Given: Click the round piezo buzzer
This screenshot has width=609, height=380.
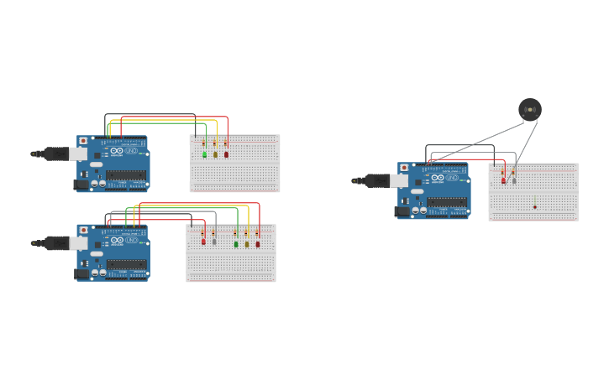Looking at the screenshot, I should point(530,109).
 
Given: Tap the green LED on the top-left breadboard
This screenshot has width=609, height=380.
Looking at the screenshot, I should point(204,154).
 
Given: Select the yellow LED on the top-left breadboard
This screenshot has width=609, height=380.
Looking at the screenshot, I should point(215,154).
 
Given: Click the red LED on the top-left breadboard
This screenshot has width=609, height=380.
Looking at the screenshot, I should point(226,154).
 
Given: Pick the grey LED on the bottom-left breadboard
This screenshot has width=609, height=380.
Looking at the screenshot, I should point(214,242).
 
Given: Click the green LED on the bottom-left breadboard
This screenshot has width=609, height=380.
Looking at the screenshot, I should point(236,244).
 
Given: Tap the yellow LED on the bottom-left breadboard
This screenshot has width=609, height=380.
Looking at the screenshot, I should point(247,244).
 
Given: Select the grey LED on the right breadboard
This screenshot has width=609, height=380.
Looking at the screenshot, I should point(514,180).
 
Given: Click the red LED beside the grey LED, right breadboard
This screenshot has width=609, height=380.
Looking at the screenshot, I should point(504,180).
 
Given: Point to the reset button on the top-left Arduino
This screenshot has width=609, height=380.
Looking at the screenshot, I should point(83,141).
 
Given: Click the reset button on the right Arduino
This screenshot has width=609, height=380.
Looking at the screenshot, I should point(404,168).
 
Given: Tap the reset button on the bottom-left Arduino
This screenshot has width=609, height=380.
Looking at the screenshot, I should point(83,230).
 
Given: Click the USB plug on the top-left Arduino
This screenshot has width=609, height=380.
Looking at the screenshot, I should point(76,154).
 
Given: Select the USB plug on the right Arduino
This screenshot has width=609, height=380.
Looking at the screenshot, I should point(398,180).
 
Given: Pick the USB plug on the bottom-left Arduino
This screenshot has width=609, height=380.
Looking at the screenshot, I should point(76,243).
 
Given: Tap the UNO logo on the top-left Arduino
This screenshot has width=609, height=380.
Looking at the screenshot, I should point(131,151).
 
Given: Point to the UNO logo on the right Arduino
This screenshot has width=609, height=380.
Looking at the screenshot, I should point(452,178).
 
